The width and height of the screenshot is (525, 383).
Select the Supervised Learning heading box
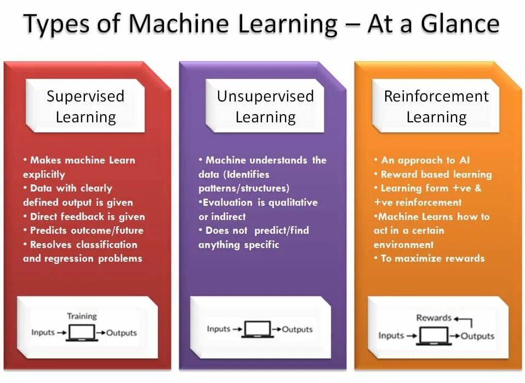[85, 106]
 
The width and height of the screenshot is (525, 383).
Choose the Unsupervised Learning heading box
[265, 106]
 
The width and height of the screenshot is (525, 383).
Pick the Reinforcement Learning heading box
[436, 106]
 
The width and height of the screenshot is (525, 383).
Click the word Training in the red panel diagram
[82, 316]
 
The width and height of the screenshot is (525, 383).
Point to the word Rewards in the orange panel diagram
[433, 318]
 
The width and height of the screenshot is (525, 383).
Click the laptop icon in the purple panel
[258, 330]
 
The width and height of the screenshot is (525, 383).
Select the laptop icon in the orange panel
[433, 335]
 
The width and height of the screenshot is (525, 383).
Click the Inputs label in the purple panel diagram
[219, 329]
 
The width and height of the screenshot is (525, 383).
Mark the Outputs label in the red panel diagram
[122, 333]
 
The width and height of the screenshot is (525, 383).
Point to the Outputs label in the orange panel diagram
[477, 336]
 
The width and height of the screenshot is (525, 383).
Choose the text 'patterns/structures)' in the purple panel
[243, 188]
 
